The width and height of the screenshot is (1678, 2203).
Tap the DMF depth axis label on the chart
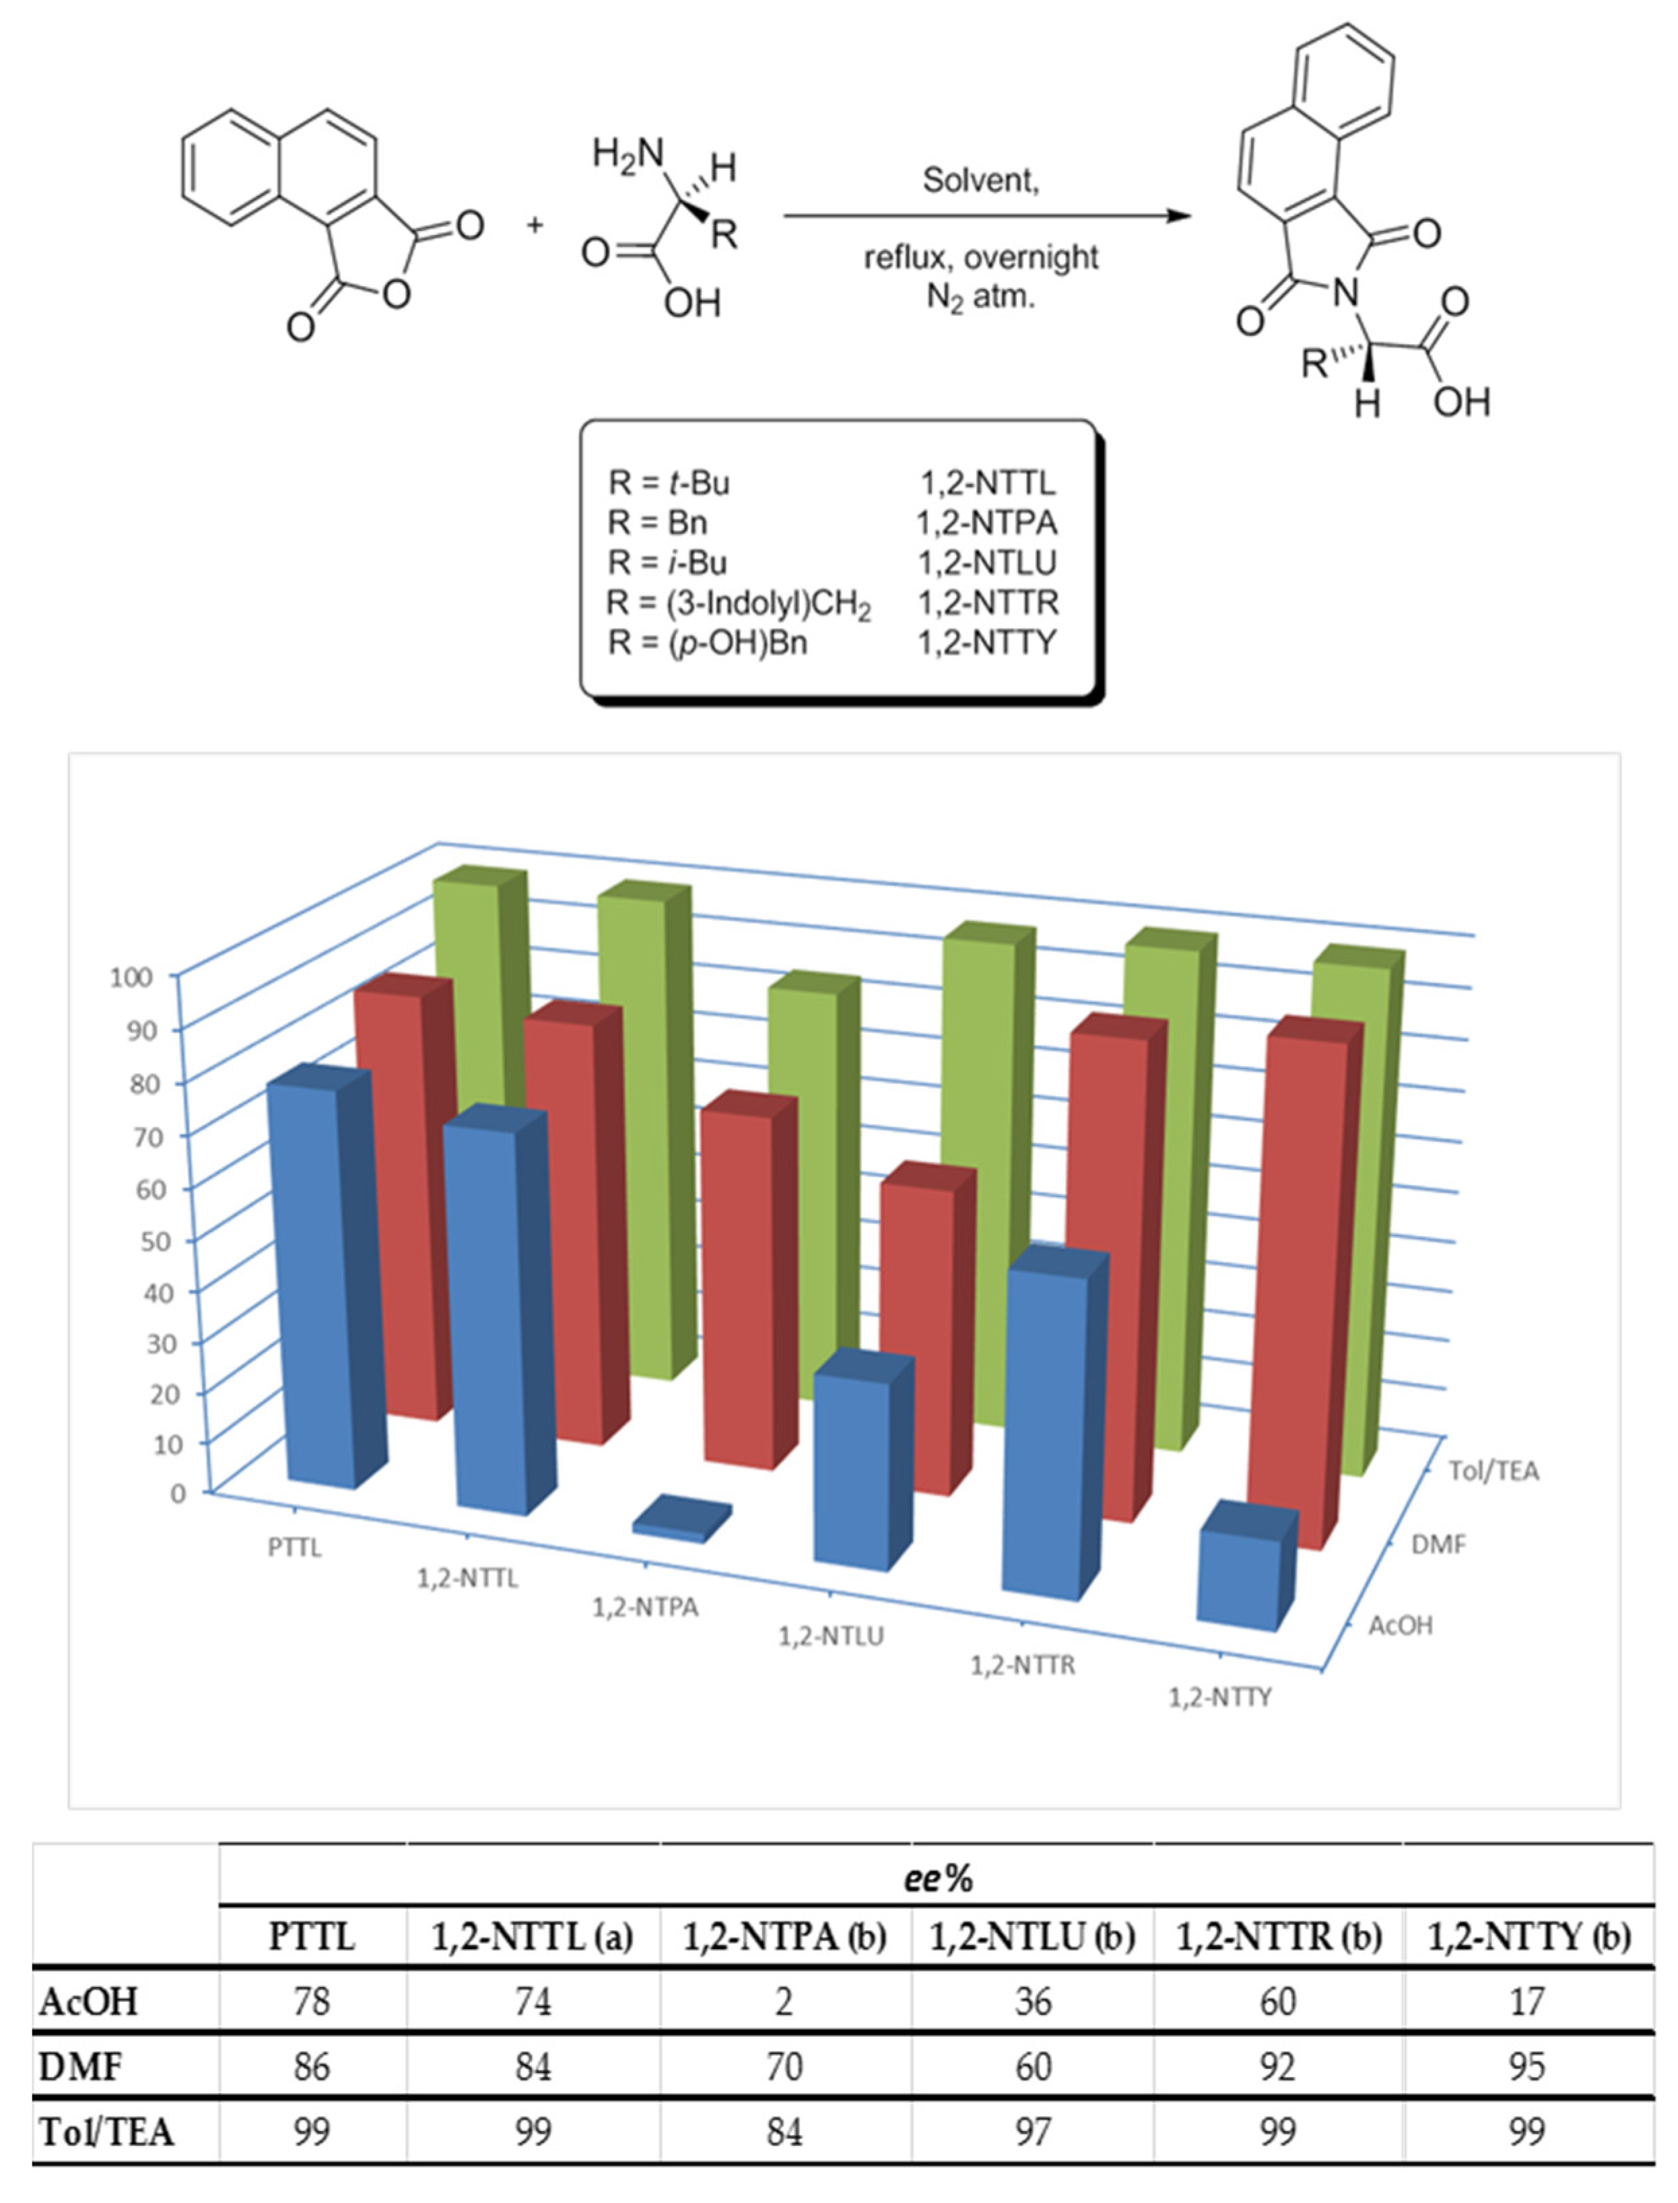click(1438, 1545)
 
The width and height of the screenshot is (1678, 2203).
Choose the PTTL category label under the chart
click(295, 1547)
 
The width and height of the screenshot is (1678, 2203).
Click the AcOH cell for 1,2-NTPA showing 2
click(784, 2001)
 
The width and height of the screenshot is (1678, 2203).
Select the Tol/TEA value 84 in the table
click(784, 2131)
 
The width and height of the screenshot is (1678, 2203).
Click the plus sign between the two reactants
click(535, 225)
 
